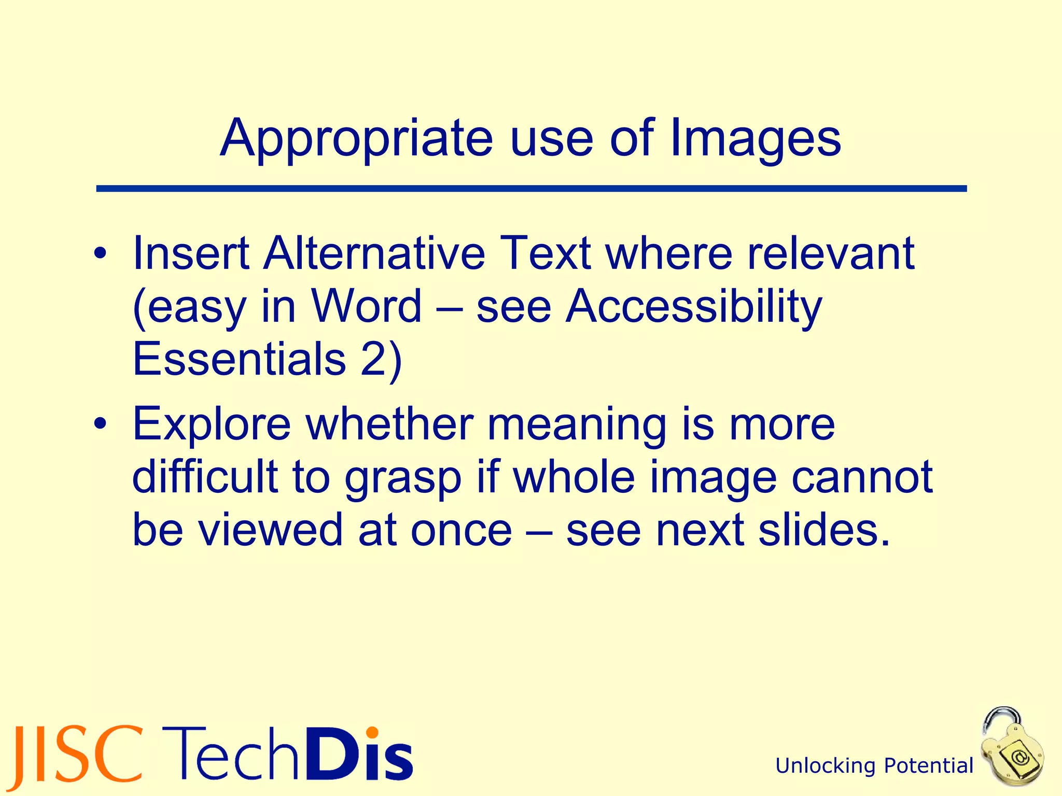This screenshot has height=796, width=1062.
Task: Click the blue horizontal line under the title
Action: pyautogui.click(x=531, y=189)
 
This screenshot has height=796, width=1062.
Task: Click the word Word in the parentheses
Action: pyautogui.click(x=366, y=306)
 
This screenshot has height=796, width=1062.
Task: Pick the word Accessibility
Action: pyautogui.click(x=693, y=306)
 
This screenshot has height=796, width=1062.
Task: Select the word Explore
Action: pyautogui.click(x=212, y=424)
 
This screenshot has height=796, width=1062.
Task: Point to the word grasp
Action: pyautogui.click(x=403, y=478)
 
